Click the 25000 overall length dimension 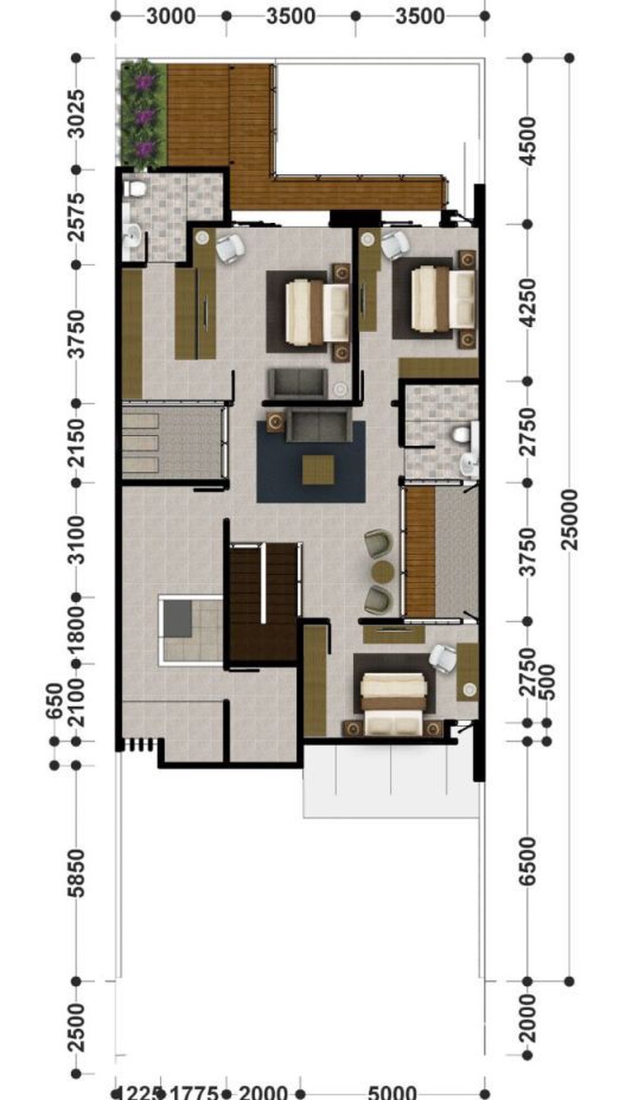pyautogui.click(x=570, y=520)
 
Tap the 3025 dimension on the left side pyautogui.click(x=76, y=114)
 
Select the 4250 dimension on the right pyautogui.click(x=528, y=303)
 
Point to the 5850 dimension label pyautogui.click(x=76, y=873)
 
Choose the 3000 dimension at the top pyautogui.click(x=171, y=16)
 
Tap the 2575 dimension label pyautogui.click(x=76, y=217)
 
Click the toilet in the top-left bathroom pyautogui.click(x=136, y=188)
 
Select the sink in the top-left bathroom pyautogui.click(x=133, y=237)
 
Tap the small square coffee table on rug pyautogui.click(x=317, y=470)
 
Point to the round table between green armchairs pyautogui.click(x=383, y=571)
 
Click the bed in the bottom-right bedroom pyautogui.click(x=393, y=704)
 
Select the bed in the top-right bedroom pyautogui.click(x=443, y=298)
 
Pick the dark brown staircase pyautogui.click(x=263, y=601)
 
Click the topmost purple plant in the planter pyautogui.click(x=147, y=82)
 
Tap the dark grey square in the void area pyautogui.click(x=178, y=618)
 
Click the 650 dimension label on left pyautogui.click(x=54, y=700)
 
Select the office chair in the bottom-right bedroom pyautogui.click(x=442, y=656)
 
